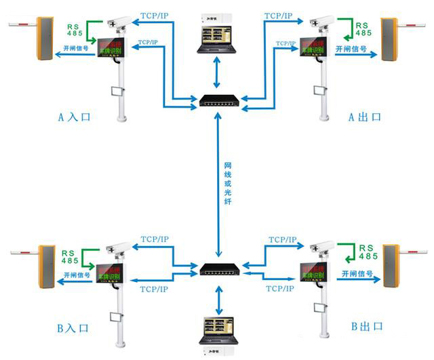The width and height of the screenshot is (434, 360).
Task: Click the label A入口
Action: pyautogui.click(x=74, y=117)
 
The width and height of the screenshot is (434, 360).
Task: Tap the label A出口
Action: pyautogui.click(x=364, y=117)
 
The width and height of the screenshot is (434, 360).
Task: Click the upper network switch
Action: pyautogui.click(x=217, y=102)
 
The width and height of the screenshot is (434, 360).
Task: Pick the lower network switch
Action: pyautogui.click(x=217, y=268)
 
